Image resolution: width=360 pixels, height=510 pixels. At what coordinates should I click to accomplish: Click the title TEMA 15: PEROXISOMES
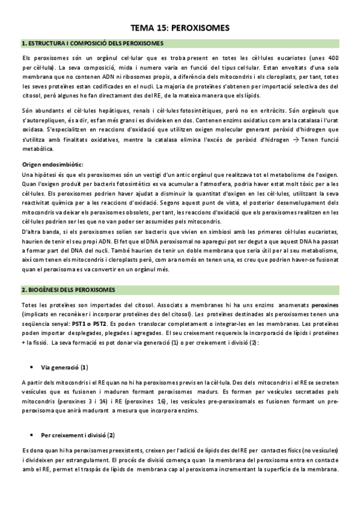(x=180, y=28)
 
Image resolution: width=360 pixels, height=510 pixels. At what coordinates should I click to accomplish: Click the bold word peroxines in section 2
(x=325, y=306)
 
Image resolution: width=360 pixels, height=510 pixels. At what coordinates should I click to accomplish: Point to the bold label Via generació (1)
(x=64, y=366)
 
